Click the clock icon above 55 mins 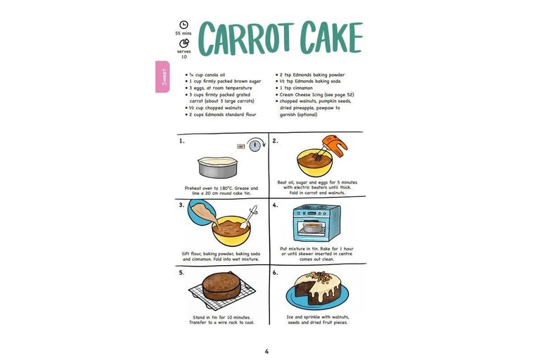(x=184, y=25)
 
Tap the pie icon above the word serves (x=184, y=44)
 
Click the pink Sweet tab (x=162, y=77)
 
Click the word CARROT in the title (x=247, y=38)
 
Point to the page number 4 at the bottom (x=266, y=352)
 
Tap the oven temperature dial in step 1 (x=255, y=146)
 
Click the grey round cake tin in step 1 (x=218, y=167)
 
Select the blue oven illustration (x=316, y=223)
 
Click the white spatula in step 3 (x=249, y=217)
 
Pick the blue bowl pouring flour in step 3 (x=202, y=213)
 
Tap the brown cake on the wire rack (x=221, y=286)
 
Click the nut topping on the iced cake (x=317, y=276)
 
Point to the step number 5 (x=181, y=273)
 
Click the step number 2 (x=275, y=141)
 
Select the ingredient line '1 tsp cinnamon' (x=294, y=88)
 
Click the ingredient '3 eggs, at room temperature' (x=219, y=88)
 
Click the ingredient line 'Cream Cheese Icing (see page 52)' (x=315, y=94)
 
